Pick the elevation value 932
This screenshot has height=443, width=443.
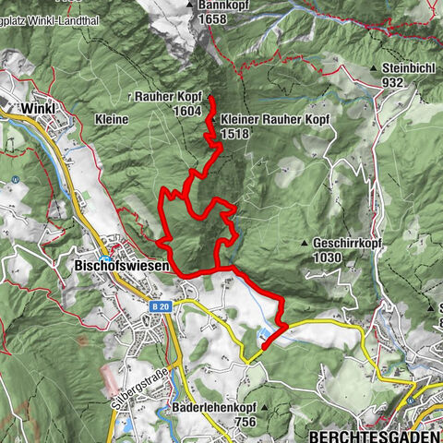pos(395,82)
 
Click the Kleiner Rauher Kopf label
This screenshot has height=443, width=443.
pos(267,120)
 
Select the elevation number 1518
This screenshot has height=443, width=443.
pos(235,133)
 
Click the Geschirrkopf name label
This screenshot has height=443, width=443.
pos(347,243)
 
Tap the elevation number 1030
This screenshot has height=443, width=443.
pos(328,257)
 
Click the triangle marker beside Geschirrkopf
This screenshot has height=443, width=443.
pos(305,243)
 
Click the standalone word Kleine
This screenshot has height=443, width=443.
pos(111,119)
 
